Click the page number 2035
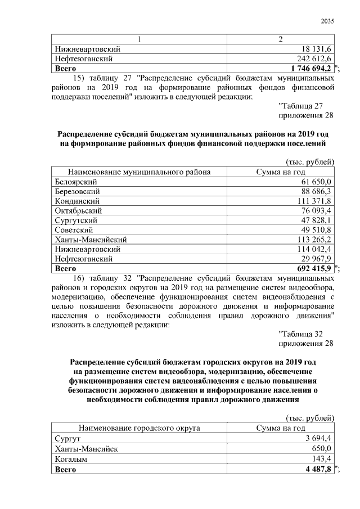coord(327,21)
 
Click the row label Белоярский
coord(76,182)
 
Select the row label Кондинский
coord(78,201)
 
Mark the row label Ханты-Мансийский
coord(91,240)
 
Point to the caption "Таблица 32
coord(300,334)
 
